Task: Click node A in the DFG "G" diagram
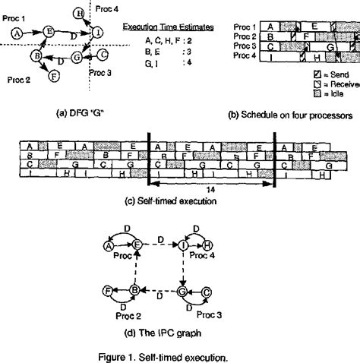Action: point(17,33)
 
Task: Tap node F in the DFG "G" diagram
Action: point(52,75)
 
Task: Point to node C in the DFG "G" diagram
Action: point(103,55)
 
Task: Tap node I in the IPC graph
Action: point(183,245)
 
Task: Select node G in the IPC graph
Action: point(183,290)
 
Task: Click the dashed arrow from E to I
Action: point(160,245)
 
